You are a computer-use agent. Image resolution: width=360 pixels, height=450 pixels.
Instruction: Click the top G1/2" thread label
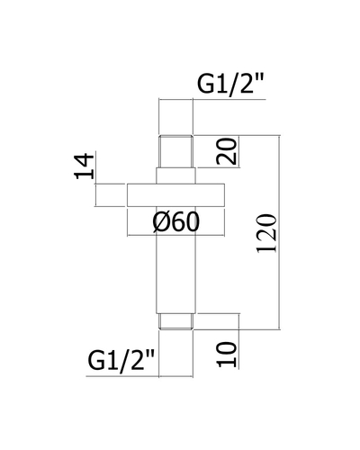pyautogui.click(x=230, y=85)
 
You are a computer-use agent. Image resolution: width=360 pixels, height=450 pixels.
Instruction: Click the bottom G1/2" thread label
pyautogui.click(x=121, y=361)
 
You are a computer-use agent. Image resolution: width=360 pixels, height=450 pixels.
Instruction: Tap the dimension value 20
pyautogui.click(x=227, y=151)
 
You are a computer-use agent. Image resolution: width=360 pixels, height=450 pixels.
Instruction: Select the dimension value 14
pyautogui.click(x=85, y=166)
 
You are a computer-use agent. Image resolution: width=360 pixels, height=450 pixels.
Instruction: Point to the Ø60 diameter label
pyautogui.click(x=175, y=222)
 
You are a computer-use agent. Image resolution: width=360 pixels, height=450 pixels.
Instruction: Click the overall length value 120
pyautogui.click(x=266, y=233)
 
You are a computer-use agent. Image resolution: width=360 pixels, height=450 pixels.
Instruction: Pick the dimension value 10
pyautogui.click(x=227, y=355)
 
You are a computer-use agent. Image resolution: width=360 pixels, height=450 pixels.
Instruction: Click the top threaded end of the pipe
pyautogui.click(x=175, y=151)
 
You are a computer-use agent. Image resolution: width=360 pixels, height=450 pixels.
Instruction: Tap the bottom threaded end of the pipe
pyautogui.click(x=175, y=321)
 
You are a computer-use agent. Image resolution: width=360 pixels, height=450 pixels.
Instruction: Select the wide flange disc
pyautogui.click(x=175, y=195)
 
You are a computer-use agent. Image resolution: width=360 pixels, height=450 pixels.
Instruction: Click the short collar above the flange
pyautogui.click(x=175, y=175)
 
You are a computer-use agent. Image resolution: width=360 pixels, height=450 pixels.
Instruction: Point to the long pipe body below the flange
pyautogui.click(x=175, y=260)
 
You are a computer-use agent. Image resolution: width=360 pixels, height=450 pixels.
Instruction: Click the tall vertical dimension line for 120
pyautogui.click(x=280, y=232)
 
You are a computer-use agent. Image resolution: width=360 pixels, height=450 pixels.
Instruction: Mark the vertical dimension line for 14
pyautogui.click(x=96, y=195)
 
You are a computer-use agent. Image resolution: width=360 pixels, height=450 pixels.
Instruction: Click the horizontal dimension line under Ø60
pyautogui.click(x=175, y=235)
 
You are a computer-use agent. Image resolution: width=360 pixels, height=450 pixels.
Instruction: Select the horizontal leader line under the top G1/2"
pyautogui.click(x=211, y=99)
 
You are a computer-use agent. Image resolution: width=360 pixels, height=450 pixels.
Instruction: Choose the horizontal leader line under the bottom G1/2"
pyautogui.click(x=139, y=376)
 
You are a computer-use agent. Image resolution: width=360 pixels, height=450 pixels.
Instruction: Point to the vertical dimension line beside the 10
pyautogui.click(x=239, y=341)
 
